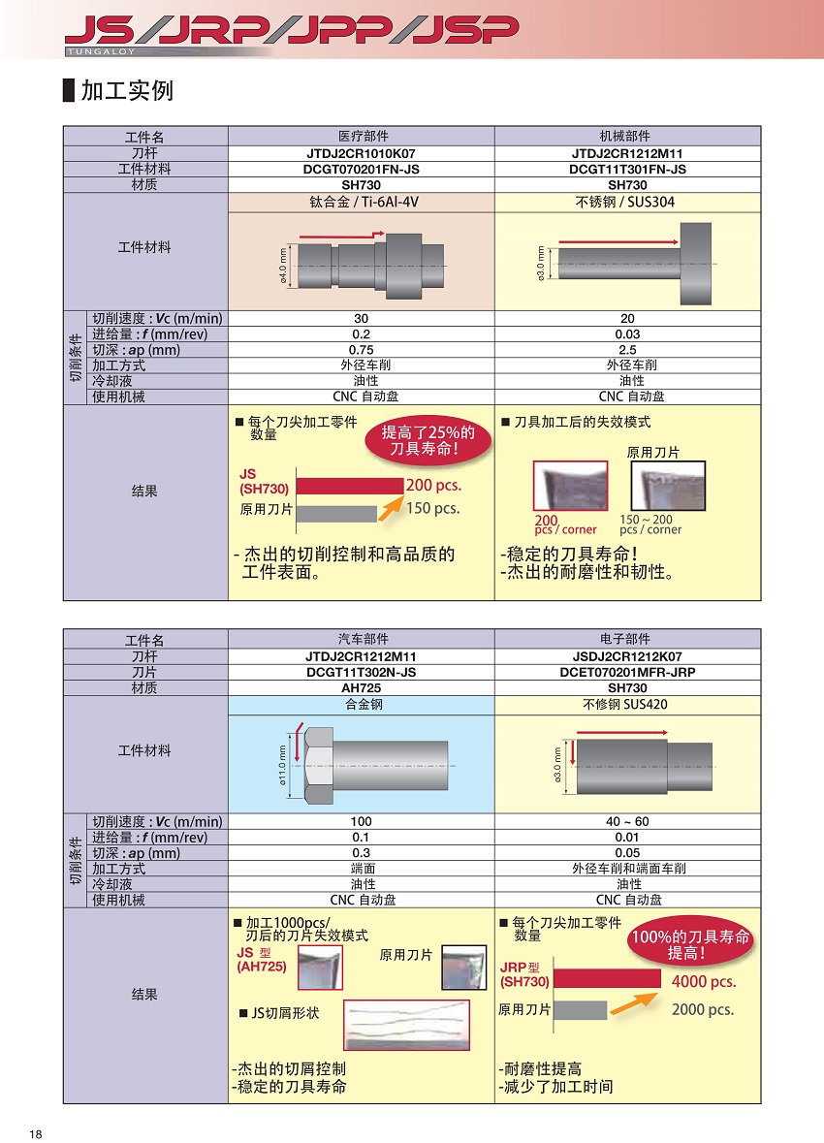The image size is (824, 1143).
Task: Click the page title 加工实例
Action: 126,91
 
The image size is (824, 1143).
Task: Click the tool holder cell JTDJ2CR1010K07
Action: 361,153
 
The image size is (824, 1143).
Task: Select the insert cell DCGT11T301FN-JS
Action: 627,170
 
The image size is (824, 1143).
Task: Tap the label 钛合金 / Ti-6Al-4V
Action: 361,202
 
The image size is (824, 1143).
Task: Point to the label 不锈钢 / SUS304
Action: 627,202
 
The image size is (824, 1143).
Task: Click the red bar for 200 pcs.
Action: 349,485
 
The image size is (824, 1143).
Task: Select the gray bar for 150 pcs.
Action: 335,513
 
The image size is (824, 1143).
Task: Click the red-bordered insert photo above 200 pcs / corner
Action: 570,486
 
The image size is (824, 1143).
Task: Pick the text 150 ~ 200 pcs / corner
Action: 650,524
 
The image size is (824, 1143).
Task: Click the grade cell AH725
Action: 361,687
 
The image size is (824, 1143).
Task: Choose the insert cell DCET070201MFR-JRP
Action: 627,672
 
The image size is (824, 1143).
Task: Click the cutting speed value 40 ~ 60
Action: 627,821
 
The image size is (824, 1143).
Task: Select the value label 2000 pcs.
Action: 702,1009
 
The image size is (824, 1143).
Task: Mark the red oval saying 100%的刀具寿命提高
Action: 690,944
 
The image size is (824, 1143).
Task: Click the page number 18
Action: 37,1134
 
